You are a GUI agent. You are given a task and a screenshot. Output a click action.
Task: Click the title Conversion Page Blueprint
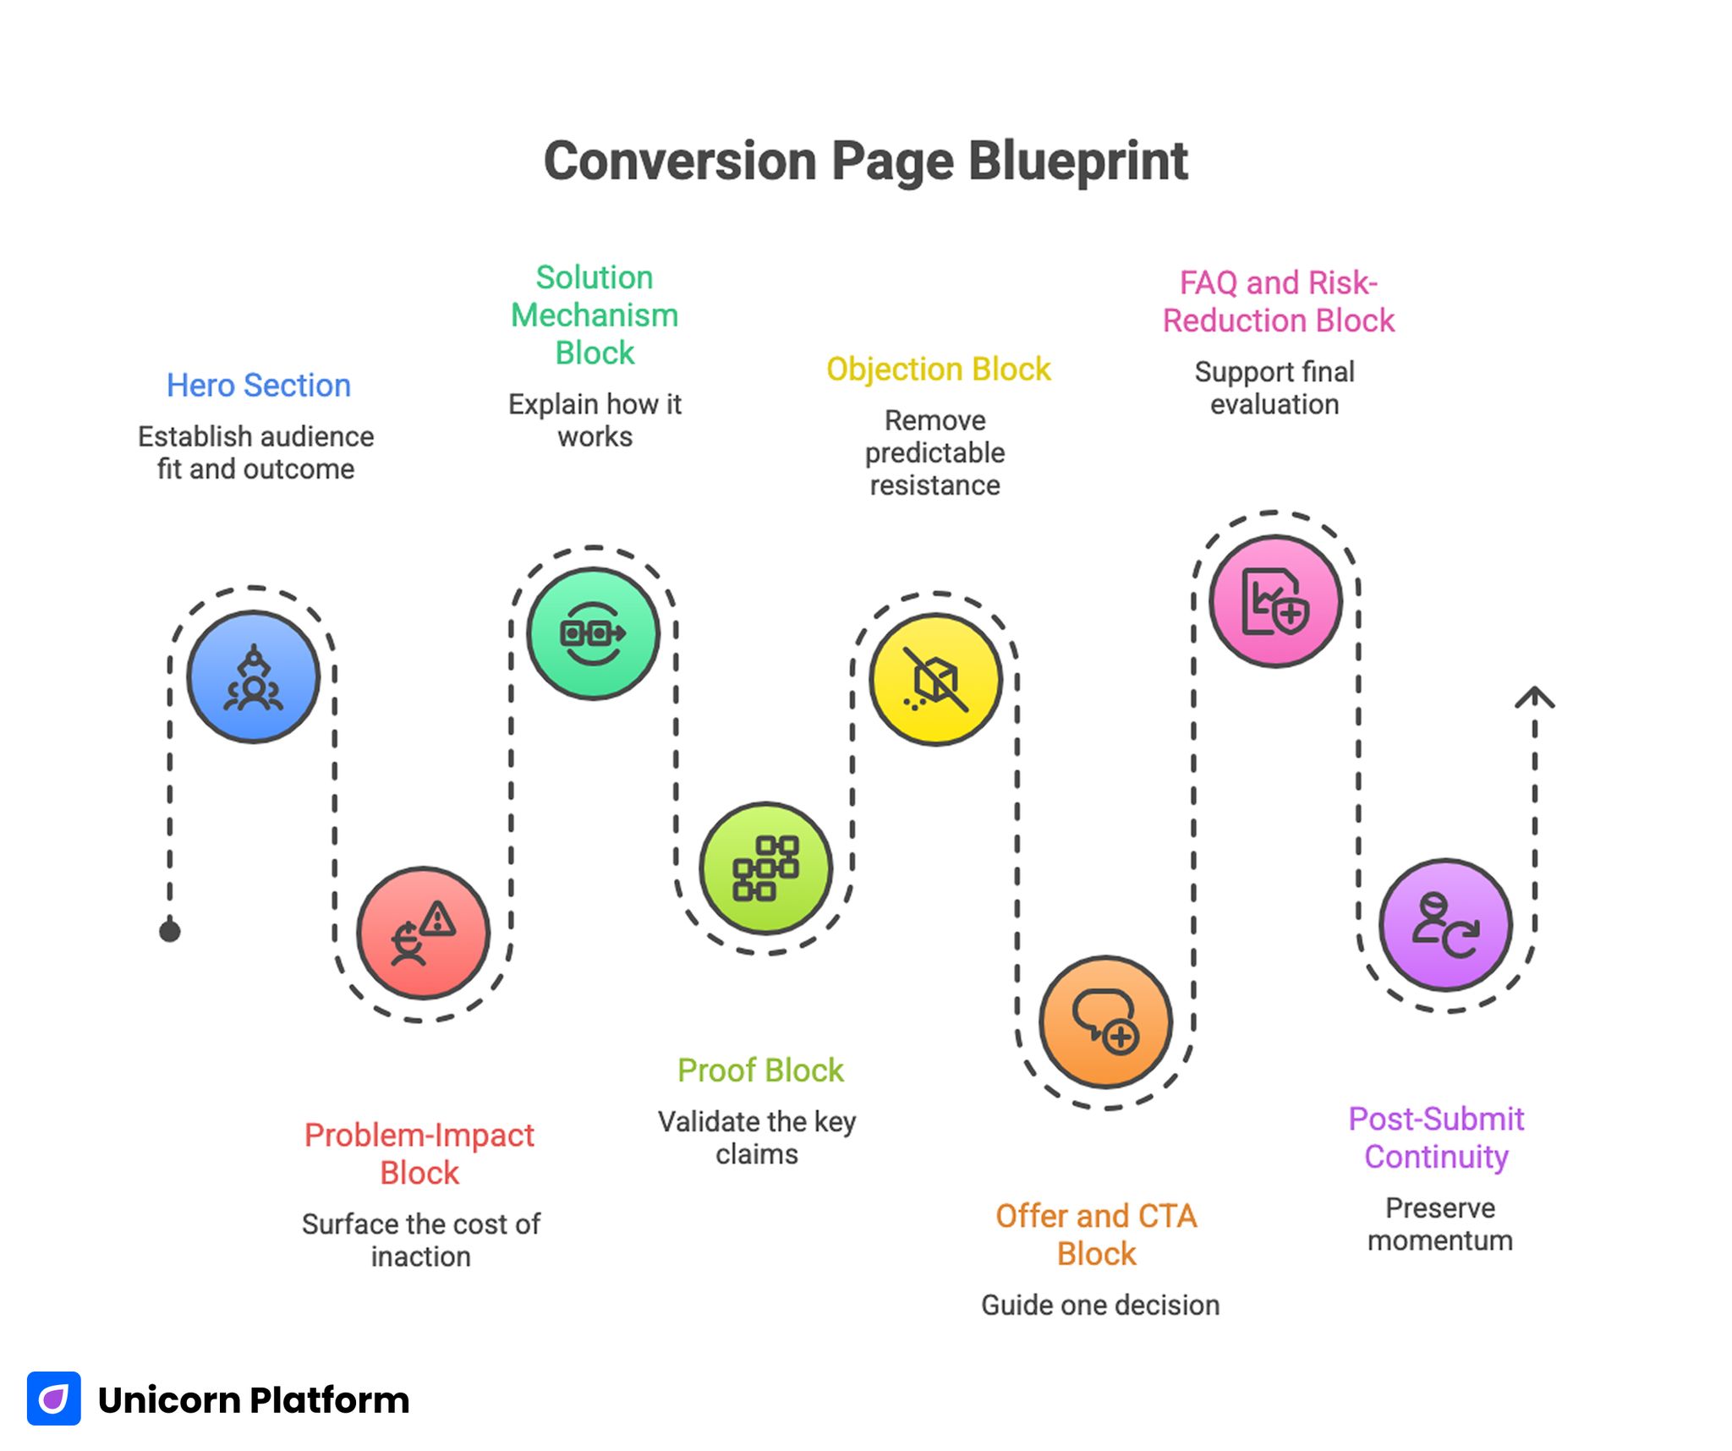[865, 161]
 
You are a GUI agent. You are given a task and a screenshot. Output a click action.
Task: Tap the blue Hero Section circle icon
[253, 677]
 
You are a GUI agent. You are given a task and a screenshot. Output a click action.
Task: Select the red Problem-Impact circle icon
[423, 934]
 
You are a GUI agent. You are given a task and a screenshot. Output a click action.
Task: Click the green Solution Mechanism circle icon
[593, 633]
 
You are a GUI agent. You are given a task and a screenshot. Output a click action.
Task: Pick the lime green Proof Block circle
[765, 868]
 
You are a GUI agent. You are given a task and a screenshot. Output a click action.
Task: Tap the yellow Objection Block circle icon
[935, 680]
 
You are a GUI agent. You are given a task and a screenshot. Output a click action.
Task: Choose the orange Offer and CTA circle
[1105, 1022]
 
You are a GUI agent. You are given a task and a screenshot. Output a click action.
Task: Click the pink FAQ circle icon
[1275, 601]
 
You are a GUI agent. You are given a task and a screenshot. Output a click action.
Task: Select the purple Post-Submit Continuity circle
[1445, 925]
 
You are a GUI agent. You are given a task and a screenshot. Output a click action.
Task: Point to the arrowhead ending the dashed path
[1534, 697]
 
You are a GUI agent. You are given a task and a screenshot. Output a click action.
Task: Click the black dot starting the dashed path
[170, 932]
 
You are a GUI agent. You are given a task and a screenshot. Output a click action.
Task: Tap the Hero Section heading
[258, 386]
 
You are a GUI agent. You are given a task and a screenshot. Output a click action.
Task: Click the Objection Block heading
[938, 370]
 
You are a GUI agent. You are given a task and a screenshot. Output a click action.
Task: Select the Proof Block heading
[760, 1070]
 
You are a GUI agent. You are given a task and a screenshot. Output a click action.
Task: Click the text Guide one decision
[1099, 1305]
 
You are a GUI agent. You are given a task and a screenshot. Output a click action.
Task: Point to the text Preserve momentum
[1439, 1224]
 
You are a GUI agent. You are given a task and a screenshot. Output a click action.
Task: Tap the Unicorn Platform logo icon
[54, 1399]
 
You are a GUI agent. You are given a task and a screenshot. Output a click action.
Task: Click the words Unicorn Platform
[254, 1400]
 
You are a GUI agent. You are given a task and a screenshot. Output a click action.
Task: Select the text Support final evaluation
[1274, 388]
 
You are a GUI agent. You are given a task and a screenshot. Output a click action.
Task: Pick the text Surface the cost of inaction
[420, 1240]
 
